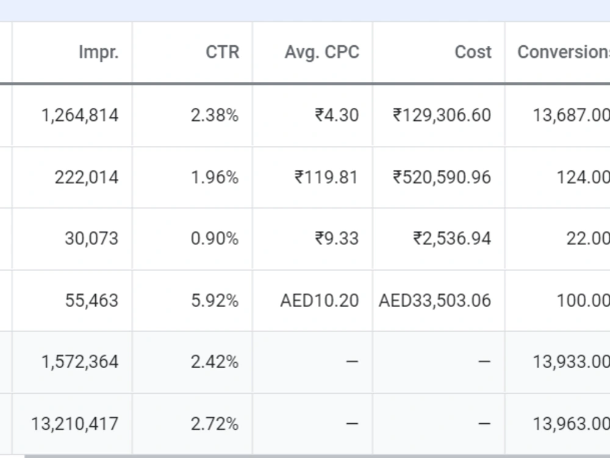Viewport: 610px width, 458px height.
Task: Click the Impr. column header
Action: pos(99,52)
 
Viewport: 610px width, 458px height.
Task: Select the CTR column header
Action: pos(223,52)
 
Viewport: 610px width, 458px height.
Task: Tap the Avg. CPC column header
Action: pos(322,53)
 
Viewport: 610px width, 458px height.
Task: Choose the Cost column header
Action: pos(473,52)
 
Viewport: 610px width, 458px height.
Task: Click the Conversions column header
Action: pos(564,52)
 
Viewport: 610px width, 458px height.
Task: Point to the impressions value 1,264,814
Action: pos(80,115)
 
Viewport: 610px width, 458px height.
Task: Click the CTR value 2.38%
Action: pos(215,115)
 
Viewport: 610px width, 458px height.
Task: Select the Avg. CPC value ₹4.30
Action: pos(337,115)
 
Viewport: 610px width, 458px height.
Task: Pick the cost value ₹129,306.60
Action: pos(442,115)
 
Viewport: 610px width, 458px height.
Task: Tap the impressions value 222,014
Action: pos(87,178)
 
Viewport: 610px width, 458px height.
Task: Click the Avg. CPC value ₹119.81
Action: pos(326,177)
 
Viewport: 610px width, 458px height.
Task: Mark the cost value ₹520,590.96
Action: pos(442,178)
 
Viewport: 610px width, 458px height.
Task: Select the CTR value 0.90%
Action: pos(215,238)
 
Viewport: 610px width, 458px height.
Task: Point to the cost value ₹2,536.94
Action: pos(452,239)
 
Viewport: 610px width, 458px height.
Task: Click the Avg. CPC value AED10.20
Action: pos(320,300)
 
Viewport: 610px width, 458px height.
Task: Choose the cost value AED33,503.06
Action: pos(435,301)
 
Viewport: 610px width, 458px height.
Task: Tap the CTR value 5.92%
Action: pos(215,300)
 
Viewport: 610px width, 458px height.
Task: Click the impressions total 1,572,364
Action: pos(80,362)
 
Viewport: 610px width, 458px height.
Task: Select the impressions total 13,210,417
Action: pos(74,424)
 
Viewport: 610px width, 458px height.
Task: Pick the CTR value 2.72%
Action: pos(215,424)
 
